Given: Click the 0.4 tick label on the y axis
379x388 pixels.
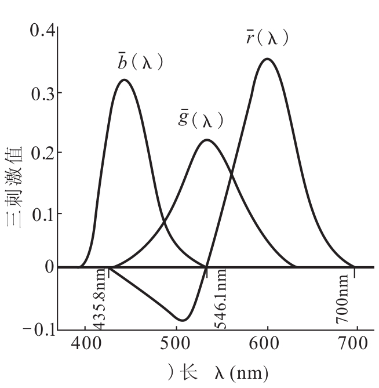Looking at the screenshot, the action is click(42, 30).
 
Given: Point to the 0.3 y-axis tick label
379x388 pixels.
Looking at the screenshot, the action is click(43, 94).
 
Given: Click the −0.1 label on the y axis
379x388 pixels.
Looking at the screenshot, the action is click(39, 329).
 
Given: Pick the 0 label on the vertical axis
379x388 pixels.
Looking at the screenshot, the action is click(49, 267).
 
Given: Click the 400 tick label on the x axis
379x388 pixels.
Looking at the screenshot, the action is click(86, 343).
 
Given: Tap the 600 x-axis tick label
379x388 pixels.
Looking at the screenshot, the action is click(264, 343).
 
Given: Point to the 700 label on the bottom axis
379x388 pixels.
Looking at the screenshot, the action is click(352, 343).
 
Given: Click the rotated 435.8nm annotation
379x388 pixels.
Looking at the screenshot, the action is click(99, 299).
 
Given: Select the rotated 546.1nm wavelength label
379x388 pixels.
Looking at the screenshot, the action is click(220, 299).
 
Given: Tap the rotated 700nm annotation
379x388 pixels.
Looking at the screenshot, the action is click(342, 299).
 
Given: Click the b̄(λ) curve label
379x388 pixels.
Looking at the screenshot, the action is click(140, 61).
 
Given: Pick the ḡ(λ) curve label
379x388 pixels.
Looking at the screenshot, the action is click(201, 119).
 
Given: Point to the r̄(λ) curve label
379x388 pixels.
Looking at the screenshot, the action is click(268, 38).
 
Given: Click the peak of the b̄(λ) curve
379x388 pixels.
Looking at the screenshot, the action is click(124, 80).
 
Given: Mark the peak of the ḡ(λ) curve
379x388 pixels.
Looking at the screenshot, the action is click(207, 140).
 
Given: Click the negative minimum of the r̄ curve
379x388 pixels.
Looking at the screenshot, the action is click(183, 320).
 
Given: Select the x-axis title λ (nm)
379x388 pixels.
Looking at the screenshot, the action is click(241, 372).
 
